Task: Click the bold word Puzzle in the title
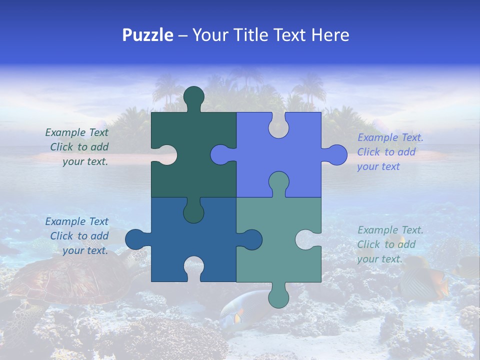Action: tap(147, 35)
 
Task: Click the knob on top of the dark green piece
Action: tap(194, 96)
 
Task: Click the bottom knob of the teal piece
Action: tap(278, 297)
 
